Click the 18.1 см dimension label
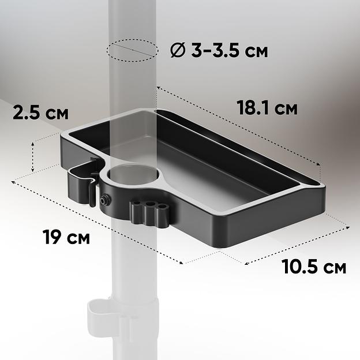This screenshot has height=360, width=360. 267,107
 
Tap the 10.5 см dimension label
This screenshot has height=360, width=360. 314,267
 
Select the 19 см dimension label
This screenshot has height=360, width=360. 66,237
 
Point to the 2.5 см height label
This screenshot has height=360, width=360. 40,112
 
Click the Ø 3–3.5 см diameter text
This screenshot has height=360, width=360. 219,50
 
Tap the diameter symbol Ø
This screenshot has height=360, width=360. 177,50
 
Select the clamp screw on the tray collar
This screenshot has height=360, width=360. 105,199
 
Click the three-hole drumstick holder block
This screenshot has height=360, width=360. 149,213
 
